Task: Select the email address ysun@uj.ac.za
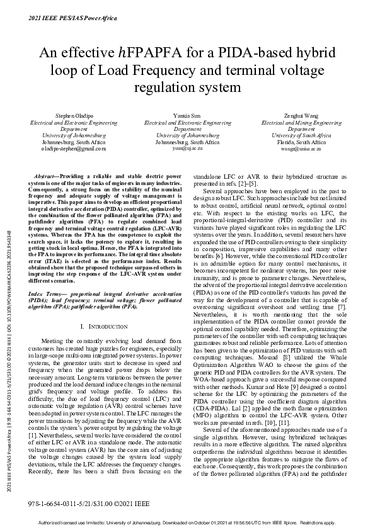click(x=187, y=149)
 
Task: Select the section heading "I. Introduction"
click(x=105, y=327)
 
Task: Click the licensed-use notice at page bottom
click(x=187, y=522)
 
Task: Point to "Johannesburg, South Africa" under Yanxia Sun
click(x=187, y=142)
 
